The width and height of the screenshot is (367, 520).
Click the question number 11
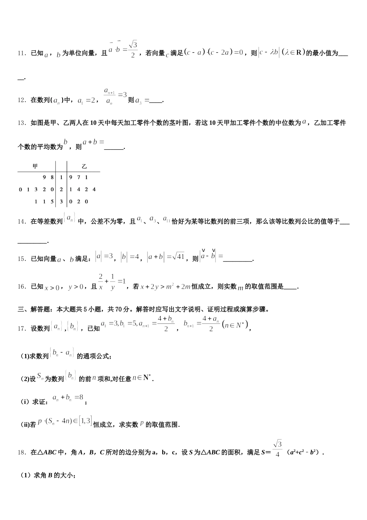tap(21, 53)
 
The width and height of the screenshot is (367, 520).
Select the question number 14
tap(21, 222)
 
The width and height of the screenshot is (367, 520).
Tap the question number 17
tap(21, 328)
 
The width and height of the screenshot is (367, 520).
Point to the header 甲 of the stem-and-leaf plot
tap(35, 166)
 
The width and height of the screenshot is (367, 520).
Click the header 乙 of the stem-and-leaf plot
tap(84, 166)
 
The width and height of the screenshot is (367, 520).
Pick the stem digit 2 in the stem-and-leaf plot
tap(61, 190)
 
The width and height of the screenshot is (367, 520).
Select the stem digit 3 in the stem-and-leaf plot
tap(61, 202)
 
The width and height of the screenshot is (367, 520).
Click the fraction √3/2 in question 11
tap(133, 49)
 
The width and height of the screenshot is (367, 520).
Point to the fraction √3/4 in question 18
tap(277, 449)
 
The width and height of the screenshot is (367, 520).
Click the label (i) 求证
tap(34, 402)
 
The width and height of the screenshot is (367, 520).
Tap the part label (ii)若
tap(28, 424)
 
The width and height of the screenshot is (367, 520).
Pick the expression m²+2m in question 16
tap(179, 287)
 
